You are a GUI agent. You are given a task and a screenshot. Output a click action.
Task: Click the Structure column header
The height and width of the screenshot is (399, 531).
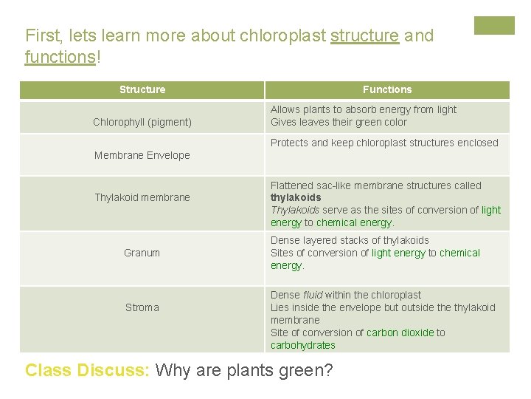click(x=142, y=89)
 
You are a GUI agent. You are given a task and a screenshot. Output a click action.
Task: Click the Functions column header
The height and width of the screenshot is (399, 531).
click(x=387, y=89)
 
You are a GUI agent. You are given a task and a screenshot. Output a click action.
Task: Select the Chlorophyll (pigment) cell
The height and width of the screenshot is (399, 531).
click(x=142, y=122)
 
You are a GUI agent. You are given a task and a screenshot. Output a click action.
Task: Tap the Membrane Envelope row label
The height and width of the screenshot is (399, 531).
click(x=142, y=155)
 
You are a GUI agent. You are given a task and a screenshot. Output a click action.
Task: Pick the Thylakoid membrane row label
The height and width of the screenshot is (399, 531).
click(x=142, y=197)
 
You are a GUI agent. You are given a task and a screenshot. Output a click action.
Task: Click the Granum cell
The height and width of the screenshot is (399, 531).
click(x=142, y=253)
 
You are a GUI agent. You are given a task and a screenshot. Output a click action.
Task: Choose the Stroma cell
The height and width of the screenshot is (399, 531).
click(x=142, y=307)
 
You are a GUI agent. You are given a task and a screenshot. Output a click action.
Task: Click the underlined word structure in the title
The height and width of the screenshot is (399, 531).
click(x=364, y=35)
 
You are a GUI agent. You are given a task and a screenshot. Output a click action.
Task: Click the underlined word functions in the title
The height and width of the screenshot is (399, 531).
click(x=60, y=57)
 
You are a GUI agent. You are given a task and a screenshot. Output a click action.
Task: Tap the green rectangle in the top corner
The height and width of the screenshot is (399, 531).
click(x=494, y=26)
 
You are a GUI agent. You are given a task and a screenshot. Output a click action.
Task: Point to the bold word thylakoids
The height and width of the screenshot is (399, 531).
click(x=296, y=198)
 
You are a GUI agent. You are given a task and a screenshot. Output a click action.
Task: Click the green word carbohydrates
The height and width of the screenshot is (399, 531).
click(x=302, y=345)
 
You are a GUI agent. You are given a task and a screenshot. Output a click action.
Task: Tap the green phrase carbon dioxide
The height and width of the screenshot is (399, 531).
click(x=400, y=332)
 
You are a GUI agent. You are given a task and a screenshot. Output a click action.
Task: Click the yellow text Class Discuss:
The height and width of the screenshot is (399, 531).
click(x=88, y=369)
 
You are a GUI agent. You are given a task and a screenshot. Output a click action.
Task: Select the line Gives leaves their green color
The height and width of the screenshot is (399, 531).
click(x=339, y=122)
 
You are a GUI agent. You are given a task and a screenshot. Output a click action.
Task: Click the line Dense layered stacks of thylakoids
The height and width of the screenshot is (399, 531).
click(x=350, y=240)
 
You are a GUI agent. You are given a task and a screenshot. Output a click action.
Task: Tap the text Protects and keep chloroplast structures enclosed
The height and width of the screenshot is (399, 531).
click(x=384, y=143)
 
